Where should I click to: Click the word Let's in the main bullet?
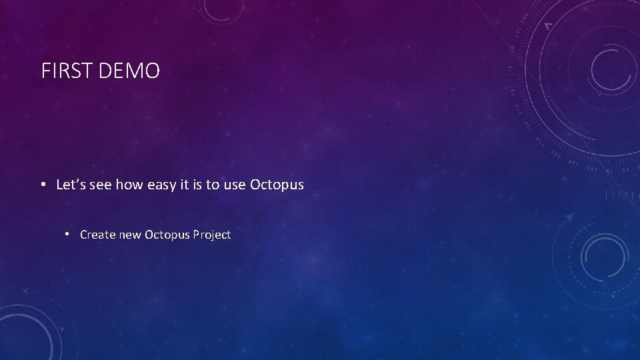pyautogui.click(x=71, y=185)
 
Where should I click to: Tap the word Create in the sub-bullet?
pyautogui.click(x=97, y=235)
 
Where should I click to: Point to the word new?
pyautogui.click(x=131, y=235)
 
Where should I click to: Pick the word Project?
pyautogui.click(x=213, y=235)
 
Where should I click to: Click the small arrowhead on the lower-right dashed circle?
pyautogui.click(x=569, y=217)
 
